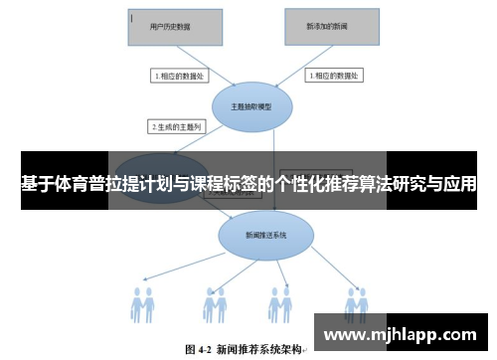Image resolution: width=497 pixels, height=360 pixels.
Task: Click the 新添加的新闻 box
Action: click(331, 27)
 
